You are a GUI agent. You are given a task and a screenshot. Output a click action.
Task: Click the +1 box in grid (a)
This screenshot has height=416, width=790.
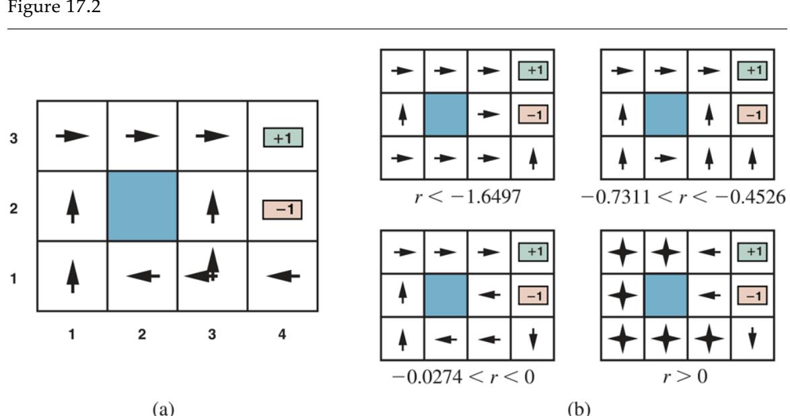coord(282,139)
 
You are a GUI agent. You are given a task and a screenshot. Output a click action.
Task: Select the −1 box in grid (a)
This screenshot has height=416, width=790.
coord(282,209)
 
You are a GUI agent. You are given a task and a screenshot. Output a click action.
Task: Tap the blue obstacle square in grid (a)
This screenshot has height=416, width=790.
coord(142,206)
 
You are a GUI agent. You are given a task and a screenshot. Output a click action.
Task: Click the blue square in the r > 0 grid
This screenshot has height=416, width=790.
coord(665,295)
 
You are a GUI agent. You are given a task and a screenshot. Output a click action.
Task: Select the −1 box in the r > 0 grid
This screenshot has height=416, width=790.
coord(752,295)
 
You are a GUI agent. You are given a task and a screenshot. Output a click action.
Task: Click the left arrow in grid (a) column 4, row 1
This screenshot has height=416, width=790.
coord(283,275)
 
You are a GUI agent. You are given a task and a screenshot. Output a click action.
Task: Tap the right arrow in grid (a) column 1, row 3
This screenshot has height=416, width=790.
coord(72,136)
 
